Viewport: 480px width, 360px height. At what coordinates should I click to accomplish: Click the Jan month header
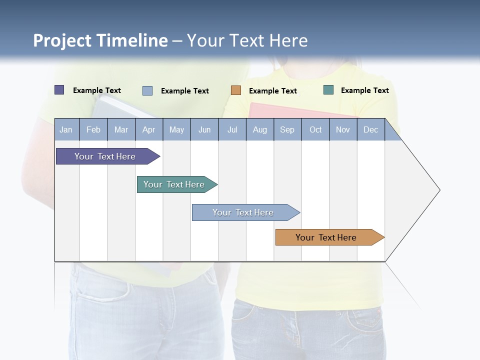tap(66, 129)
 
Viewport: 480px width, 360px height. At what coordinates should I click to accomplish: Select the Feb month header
tap(93, 129)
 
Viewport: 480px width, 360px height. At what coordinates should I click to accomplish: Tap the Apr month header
tap(148, 129)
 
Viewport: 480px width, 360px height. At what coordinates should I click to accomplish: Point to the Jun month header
tap(204, 129)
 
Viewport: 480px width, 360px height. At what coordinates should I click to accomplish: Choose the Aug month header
tap(259, 129)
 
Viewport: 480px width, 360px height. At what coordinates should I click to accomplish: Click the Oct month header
tap(315, 129)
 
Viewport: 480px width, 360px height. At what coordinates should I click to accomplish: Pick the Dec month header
tap(370, 129)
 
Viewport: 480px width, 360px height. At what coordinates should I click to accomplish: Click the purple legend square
tap(59, 90)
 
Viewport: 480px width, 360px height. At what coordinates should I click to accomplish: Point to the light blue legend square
tap(147, 90)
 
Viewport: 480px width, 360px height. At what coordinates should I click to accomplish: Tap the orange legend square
tap(236, 90)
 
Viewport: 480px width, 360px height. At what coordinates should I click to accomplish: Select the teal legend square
tap(328, 90)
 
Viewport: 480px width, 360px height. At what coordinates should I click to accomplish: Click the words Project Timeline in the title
tap(100, 40)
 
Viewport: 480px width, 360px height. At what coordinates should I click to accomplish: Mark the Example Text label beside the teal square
tap(364, 90)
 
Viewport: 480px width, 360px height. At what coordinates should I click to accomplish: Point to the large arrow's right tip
tap(439, 190)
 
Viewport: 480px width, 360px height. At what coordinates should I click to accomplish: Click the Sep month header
tap(287, 129)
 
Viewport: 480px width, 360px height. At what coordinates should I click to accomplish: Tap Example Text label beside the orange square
tap(272, 91)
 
